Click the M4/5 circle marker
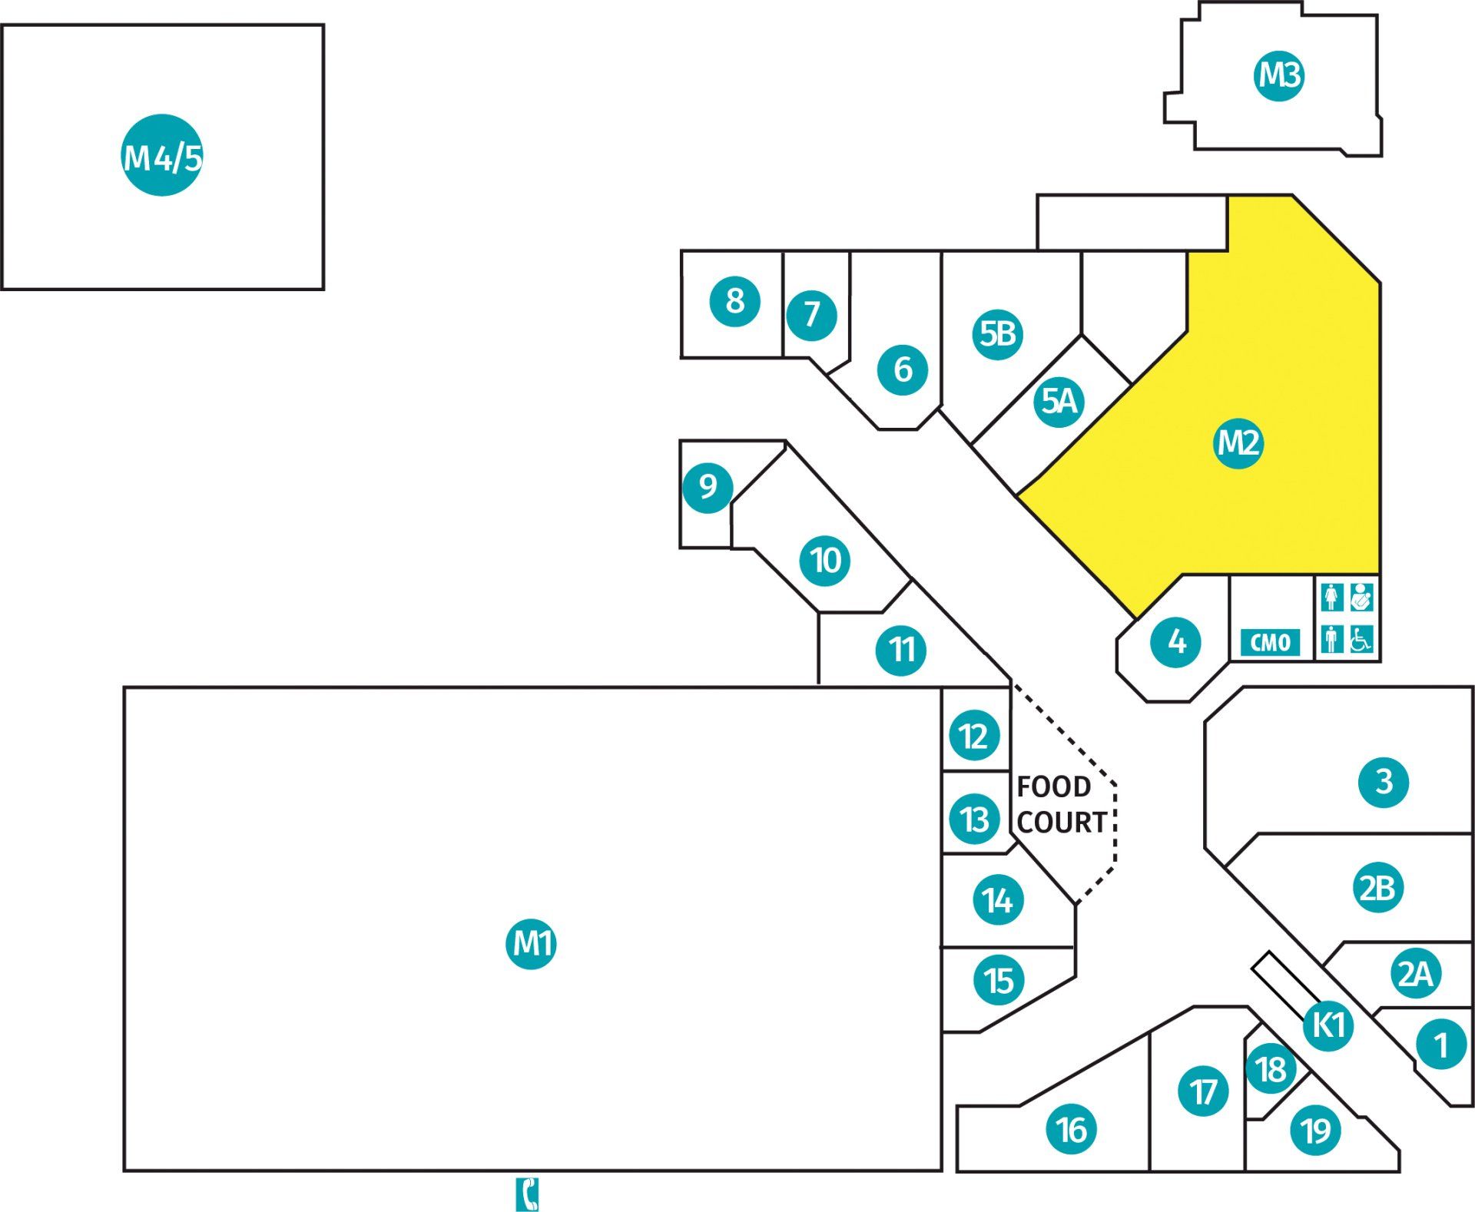pos(162,155)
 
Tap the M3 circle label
pos(1279,75)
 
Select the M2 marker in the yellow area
pos(1238,442)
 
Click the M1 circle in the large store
pos(531,943)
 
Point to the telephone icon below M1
pos(527,1194)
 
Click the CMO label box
pos(1271,642)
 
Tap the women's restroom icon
pos(1332,597)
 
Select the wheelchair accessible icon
pos(1361,639)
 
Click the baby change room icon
pos(1361,597)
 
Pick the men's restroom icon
pos(1332,639)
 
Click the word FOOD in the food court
pos(1053,786)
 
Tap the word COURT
pos(1062,823)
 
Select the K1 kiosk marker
pos(1328,1025)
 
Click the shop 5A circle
pos(1059,401)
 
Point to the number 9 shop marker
pos(708,486)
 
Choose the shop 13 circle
pos(975,819)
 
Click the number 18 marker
pos(1271,1068)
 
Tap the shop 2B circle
pos(1377,888)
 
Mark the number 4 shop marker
pos(1176,641)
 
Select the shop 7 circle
pos(811,314)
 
